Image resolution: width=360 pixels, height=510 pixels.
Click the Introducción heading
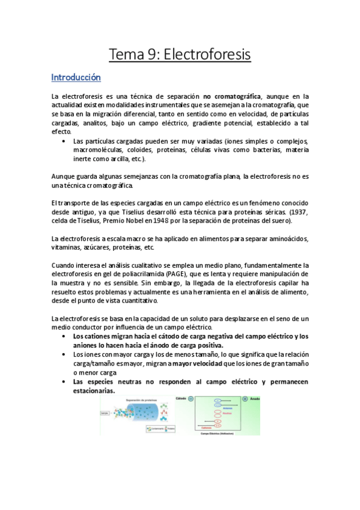pos(76,78)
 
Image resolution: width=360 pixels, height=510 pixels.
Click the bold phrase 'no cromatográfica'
pos(232,96)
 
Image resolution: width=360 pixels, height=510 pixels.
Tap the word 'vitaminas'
pos(69,248)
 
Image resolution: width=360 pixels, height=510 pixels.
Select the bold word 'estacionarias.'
pos(93,390)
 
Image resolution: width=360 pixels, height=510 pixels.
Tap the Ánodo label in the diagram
pos(255,399)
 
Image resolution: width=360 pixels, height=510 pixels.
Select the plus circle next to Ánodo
pos(244,399)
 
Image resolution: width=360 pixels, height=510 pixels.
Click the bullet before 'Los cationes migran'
pos(64,337)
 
